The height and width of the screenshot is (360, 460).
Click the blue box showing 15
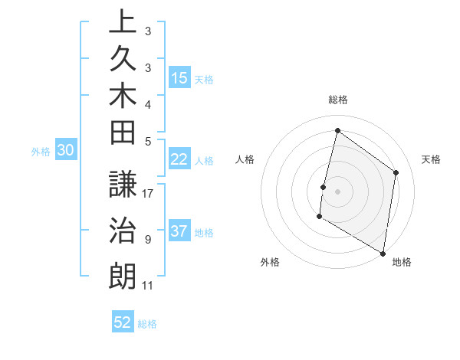(179, 78)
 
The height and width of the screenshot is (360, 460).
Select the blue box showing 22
(179, 159)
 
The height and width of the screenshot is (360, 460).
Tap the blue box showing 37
(179, 232)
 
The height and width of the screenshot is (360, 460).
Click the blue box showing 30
(66, 151)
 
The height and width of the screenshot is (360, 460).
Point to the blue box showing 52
(123, 322)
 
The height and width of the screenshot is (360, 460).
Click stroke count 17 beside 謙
(149, 194)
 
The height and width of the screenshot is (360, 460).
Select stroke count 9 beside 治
(147, 240)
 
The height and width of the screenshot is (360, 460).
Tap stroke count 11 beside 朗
(148, 286)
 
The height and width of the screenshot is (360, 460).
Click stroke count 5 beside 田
(147, 141)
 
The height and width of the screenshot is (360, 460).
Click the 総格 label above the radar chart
(338, 100)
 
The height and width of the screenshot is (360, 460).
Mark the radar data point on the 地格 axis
(383, 253)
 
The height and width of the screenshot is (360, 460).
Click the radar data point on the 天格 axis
(396, 172)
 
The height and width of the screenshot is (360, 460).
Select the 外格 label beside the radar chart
(270, 262)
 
